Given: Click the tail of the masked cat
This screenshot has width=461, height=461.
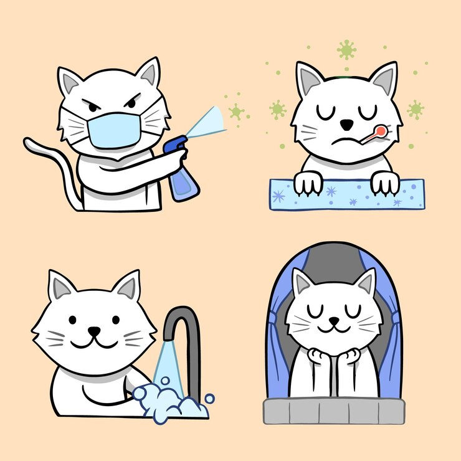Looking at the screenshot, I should (47, 156).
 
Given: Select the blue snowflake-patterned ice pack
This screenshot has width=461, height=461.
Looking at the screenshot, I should (346, 194).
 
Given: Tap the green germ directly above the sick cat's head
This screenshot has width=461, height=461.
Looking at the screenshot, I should (346, 49).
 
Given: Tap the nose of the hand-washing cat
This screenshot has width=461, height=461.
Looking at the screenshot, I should (93, 331).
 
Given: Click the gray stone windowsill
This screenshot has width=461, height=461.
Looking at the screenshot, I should (334, 411).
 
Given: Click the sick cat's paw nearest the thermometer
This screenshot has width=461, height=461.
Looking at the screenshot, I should (384, 181).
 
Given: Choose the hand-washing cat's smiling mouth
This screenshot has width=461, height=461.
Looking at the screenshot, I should (93, 342).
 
